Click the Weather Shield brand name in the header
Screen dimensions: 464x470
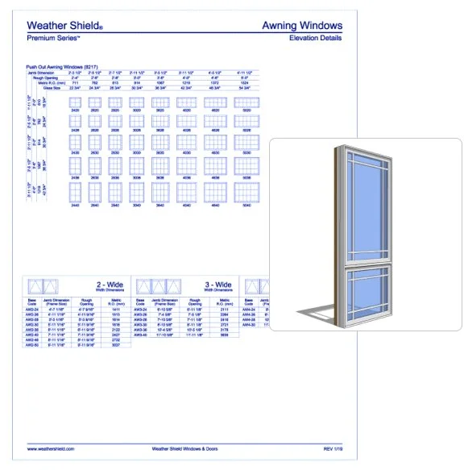(x=64, y=27)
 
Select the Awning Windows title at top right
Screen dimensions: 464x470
(x=302, y=27)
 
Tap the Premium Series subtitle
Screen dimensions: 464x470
(x=53, y=38)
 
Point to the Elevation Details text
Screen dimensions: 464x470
(x=315, y=38)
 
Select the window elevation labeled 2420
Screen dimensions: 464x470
(x=76, y=102)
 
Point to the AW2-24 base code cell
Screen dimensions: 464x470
(x=33, y=310)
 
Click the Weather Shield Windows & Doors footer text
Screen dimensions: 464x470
(x=186, y=449)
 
